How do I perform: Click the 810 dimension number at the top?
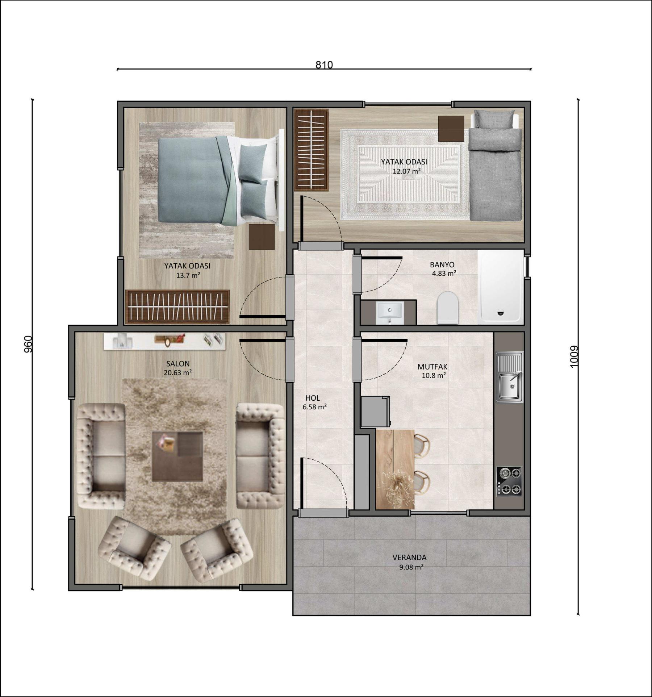[324, 65]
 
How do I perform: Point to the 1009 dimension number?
[574, 357]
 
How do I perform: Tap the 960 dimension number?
[28, 344]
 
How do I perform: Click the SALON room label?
[178, 363]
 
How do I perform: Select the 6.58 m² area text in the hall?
[315, 407]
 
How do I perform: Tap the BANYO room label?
[442, 264]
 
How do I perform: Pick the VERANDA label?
[409, 558]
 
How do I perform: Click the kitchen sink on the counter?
[509, 377]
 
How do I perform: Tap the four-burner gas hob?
[509, 481]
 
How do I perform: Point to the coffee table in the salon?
[177, 456]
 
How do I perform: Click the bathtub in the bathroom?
[501, 287]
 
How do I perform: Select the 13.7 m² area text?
[188, 275]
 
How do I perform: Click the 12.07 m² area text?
[406, 171]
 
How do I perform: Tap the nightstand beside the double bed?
[262, 237]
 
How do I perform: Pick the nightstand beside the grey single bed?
[451, 129]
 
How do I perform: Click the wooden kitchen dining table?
[395, 469]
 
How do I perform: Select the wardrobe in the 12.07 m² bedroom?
[311, 150]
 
